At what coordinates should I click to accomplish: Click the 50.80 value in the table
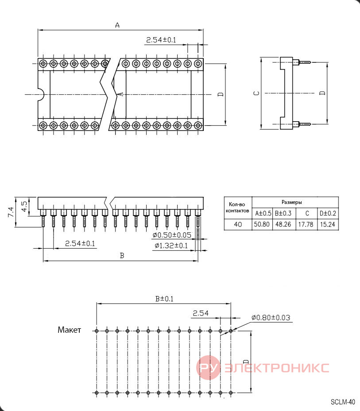(x=262, y=224)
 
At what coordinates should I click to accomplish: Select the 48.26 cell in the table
(x=283, y=224)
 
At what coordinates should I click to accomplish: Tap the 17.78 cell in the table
(x=306, y=224)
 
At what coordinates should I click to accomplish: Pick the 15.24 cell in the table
(x=328, y=224)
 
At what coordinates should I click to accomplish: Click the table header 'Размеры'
(x=291, y=202)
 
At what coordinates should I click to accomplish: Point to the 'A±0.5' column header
(x=263, y=213)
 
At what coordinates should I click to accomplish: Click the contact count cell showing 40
(x=238, y=224)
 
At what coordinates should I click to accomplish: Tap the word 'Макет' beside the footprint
(x=69, y=330)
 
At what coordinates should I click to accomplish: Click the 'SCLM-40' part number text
(x=343, y=402)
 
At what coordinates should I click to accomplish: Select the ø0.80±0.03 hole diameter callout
(x=271, y=318)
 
